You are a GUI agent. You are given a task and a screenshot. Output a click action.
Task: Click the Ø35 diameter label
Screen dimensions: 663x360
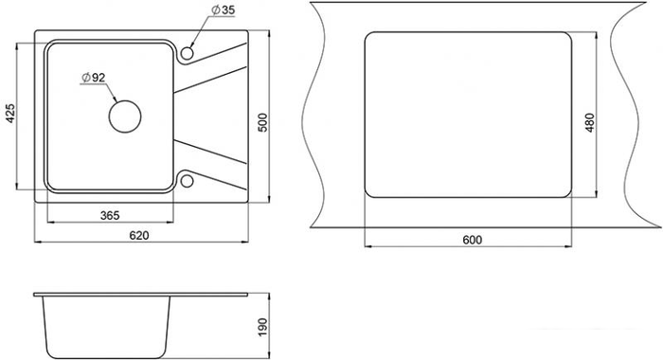point(223,9)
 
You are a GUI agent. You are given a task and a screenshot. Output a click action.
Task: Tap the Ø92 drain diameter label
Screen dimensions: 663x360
point(93,78)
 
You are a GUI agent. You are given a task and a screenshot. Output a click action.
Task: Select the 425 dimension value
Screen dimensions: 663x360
point(9,114)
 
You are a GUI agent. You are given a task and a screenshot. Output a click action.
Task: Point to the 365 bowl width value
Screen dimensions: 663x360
point(110,215)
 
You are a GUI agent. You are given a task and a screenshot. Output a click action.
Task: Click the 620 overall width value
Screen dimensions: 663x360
point(139,235)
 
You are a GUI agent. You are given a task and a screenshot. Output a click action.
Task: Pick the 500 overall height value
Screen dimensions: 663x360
point(262,122)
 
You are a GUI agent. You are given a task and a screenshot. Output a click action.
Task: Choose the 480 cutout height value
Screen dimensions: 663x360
point(590,122)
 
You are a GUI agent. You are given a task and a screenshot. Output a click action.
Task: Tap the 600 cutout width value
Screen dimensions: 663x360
point(472,240)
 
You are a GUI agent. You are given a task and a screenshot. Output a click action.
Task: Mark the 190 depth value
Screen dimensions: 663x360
point(262,328)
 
